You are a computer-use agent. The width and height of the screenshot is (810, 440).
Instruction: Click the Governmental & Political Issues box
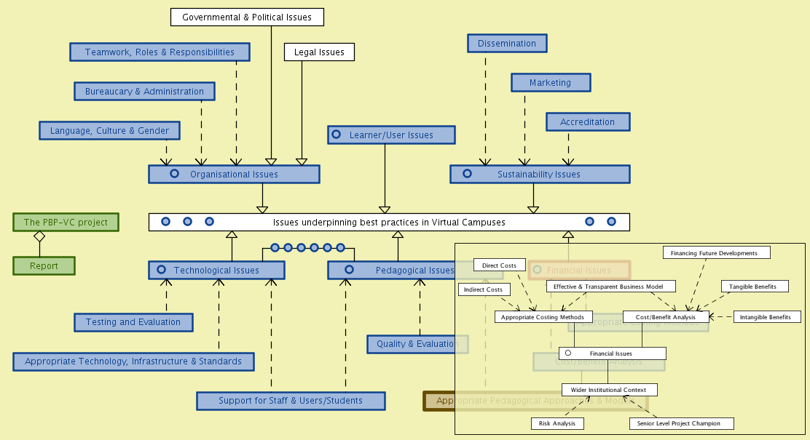tap(247, 17)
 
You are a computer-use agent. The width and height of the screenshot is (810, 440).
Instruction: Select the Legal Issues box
tap(319, 52)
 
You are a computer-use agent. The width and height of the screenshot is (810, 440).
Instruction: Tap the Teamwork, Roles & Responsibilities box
tap(160, 52)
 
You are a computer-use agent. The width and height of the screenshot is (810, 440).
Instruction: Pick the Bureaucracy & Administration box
tap(144, 91)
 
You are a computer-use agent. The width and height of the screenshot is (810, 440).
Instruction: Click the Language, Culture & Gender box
tap(109, 131)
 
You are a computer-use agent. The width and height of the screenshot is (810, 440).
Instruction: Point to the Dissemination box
tap(507, 44)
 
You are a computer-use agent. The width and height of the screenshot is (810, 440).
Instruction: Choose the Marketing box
tap(550, 83)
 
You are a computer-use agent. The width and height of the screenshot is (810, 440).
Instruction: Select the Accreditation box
tap(587, 121)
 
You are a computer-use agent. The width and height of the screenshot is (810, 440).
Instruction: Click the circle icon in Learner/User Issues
tap(336, 135)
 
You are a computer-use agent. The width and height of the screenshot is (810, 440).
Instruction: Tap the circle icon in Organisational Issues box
tap(174, 174)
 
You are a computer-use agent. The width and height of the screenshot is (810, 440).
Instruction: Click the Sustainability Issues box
tap(539, 175)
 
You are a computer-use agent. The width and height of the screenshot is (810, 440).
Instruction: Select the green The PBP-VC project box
tap(66, 222)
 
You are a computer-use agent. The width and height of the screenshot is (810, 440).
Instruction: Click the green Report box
tap(44, 266)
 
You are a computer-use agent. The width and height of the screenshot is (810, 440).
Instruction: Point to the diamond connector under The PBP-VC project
tap(39, 236)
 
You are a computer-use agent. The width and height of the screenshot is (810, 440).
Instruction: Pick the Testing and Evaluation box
tap(133, 322)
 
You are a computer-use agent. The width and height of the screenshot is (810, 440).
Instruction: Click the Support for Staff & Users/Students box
tap(290, 401)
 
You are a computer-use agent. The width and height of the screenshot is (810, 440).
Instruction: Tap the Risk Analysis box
tap(557, 423)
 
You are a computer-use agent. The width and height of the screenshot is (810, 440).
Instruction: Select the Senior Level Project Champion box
tap(680, 423)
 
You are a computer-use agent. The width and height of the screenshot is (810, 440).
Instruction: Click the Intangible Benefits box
tap(765, 317)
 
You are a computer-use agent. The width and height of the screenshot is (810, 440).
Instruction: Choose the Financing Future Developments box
tap(716, 253)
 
